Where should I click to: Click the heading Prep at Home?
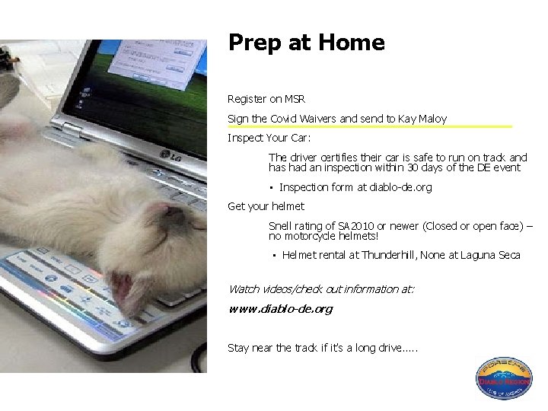pos(306,43)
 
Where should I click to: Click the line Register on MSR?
pos(266,99)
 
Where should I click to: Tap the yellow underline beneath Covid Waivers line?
pos(370,126)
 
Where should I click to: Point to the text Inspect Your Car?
pos(269,139)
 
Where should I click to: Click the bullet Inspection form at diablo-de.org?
pos(355,187)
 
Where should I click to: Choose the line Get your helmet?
pos(266,206)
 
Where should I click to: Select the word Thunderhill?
pos(389,255)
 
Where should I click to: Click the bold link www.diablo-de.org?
pos(280,309)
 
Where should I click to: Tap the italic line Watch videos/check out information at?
pos(321,289)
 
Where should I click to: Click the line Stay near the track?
pos(323,348)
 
